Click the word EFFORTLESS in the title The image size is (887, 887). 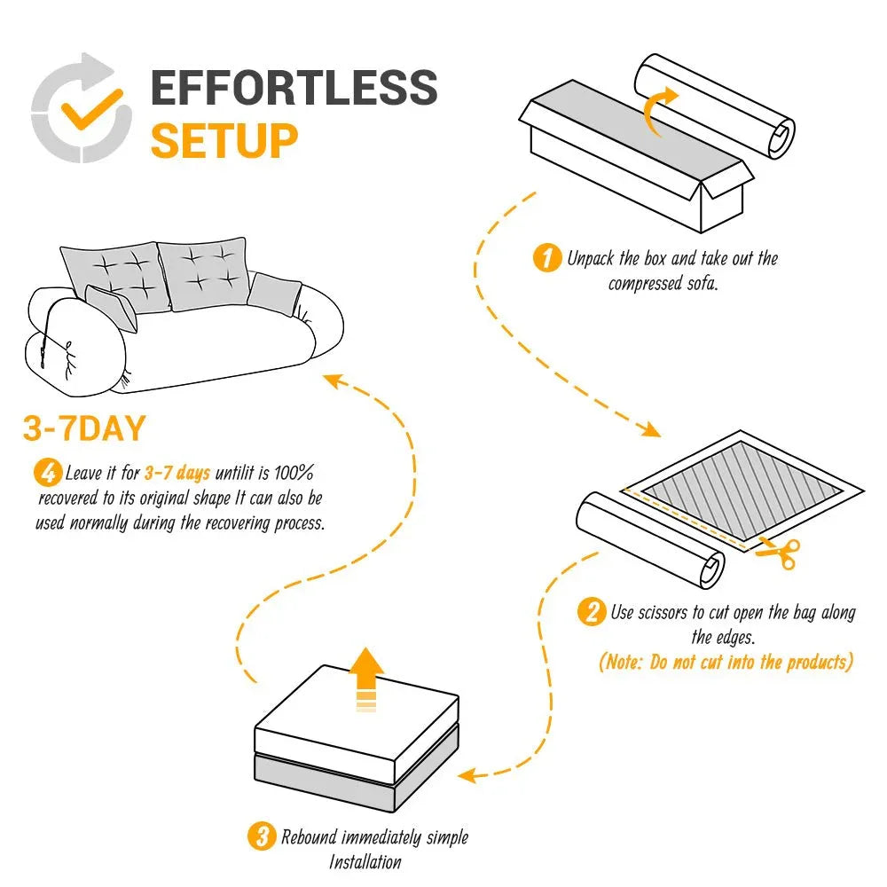[294, 89]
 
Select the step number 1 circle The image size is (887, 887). [546, 259]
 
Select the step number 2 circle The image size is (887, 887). [591, 612]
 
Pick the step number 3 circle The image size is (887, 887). [261, 836]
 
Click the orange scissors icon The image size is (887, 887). [779, 553]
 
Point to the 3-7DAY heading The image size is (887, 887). [83, 429]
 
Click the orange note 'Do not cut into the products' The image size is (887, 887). [726, 662]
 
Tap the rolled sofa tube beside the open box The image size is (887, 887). [714, 106]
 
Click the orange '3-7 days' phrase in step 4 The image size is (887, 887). [177, 473]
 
